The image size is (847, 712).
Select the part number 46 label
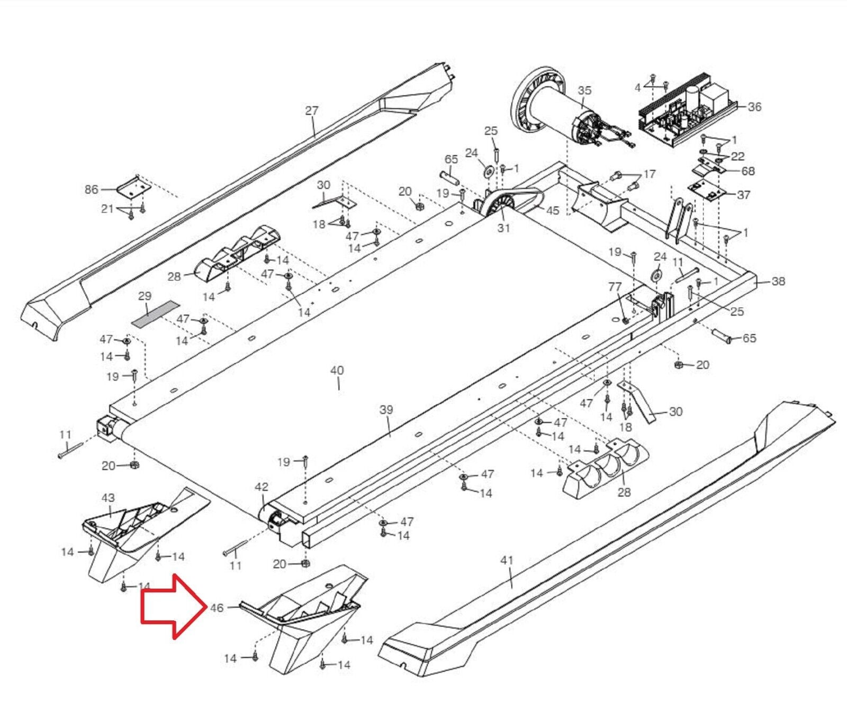[x=217, y=608]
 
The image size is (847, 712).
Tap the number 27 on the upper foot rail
[x=312, y=111]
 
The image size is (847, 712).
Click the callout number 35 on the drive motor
[x=584, y=91]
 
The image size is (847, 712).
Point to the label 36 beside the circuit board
[x=754, y=107]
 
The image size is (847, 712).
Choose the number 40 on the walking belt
[x=337, y=371]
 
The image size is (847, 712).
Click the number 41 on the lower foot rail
[x=507, y=560]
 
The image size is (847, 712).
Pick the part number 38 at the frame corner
[x=778, y=281]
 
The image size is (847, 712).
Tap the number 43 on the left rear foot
[x=108, y=498]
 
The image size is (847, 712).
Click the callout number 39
[x=386, y=410]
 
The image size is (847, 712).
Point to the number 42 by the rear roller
[x=262, y=487]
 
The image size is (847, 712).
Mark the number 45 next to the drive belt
[x=553, y=210]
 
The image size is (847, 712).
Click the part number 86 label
[x=92, y=189]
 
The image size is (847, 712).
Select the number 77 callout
[x=615, y=287]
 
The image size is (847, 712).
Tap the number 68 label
[x=748, y=171]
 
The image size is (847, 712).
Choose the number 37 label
[x=744, y=195]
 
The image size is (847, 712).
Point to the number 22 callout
[x=737, y=156]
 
